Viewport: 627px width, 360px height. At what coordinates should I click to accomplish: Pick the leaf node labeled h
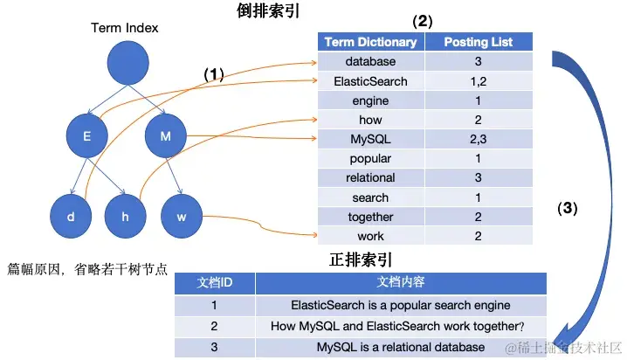[125, 215]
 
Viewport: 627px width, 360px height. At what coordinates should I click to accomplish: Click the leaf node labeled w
[181, 215]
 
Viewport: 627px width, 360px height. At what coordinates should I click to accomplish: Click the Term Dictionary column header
[370, 42]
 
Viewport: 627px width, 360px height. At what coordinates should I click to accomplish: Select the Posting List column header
[479, 42]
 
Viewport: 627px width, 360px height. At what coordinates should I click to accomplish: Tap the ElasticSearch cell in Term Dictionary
[370, 81]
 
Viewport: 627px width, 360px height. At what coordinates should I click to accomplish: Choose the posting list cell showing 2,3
[479, 140]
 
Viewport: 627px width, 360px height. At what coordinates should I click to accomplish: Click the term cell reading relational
[370, 178]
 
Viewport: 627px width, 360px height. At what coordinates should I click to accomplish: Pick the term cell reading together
[370, 217]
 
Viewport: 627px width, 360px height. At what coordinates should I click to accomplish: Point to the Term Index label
[125, 28]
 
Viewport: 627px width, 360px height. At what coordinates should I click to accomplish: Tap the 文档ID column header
[214, 283]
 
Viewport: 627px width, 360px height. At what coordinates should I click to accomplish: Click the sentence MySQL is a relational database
[401, 348]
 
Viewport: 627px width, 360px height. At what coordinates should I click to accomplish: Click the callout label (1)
[214, 75]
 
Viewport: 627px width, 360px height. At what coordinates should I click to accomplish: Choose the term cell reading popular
[370, 159]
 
